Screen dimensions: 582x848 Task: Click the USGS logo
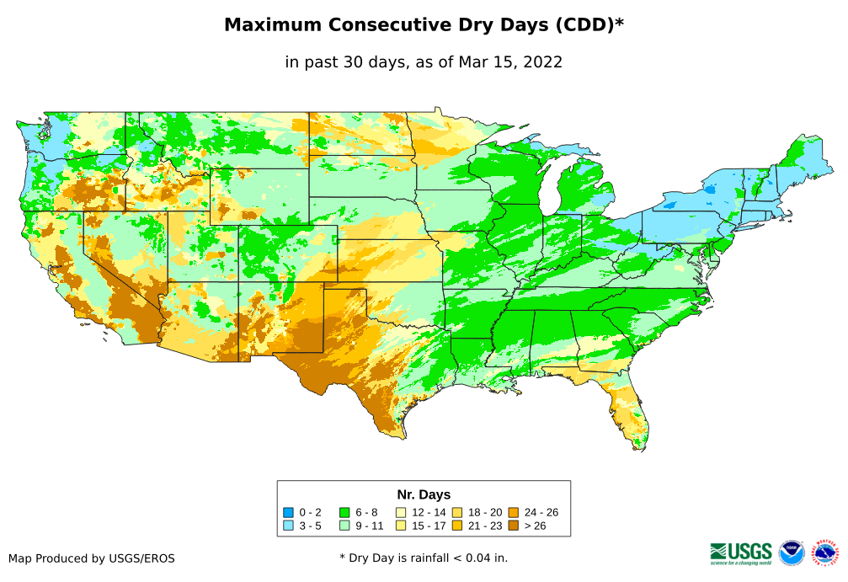(x=741, y=552)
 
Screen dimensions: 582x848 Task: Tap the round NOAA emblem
(x=792, y=553)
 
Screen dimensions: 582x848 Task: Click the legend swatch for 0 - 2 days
(x=289, y=512)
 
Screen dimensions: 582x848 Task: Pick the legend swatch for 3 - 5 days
(x=289, y=526)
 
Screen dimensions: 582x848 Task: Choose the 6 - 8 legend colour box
(x=344, y=512)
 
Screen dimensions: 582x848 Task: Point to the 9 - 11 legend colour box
(x=344, y=526)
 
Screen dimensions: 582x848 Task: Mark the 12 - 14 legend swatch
(x=401, y=512)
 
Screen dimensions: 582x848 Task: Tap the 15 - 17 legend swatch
(x=401, y=526)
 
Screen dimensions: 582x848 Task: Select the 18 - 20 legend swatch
(x=457, y=512)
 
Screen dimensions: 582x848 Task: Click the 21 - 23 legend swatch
(x=457, y=526)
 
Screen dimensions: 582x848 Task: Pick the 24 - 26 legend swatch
(x=513, y=512)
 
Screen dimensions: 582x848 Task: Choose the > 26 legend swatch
(x=513, y=526)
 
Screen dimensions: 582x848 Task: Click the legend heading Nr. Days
(x=424, y=494)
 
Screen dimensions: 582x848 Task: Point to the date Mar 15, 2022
(x=510, y=61)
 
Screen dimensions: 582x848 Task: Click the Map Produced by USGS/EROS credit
(x=92, y=558)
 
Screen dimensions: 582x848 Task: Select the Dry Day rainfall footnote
(x=424, y=558)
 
